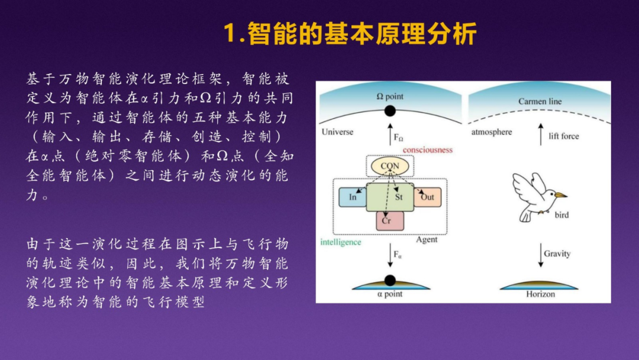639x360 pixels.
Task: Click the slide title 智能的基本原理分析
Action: pos(350,34)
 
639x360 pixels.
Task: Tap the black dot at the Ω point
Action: pos(390,111)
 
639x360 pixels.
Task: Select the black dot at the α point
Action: pos(390,281)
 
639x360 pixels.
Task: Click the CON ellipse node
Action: pos(390,166)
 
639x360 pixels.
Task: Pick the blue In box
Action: pos(353,197)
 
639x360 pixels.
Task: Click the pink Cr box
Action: pos(390,220)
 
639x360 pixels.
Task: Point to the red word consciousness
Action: pos(428,150)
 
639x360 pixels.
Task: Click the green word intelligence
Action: pos(340,242)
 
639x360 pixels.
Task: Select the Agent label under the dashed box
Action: pos(427,240)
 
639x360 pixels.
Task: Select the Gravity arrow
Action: pos(540,255)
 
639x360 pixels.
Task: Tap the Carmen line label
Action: pos(540,101)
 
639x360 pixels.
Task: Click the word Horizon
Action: pos(540,294)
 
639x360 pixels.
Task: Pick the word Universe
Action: pos(337,131)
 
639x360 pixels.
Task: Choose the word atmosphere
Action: pos(491,131)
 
